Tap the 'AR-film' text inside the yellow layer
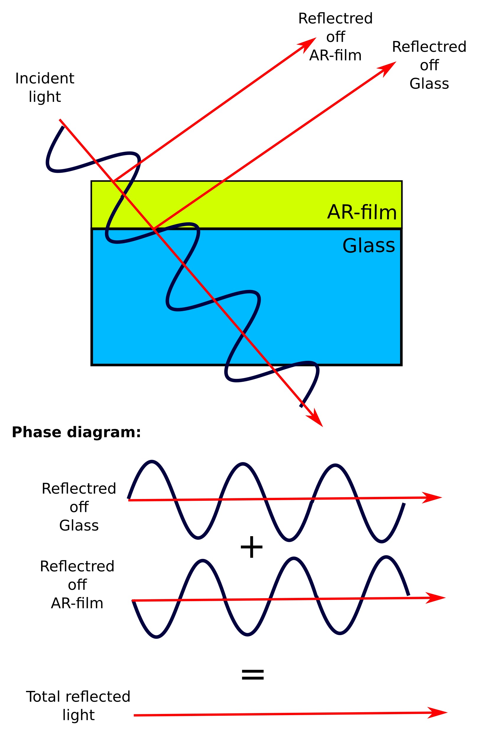pyautogui.click(x=362, y=212)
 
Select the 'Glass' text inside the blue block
pyautogui.click(x=368, y=245)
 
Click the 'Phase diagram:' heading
pyautogui.click(x=76, y=432)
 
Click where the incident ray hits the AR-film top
pyautogui.click(x=113, y=181)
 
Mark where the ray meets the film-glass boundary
pyautogui.click(x=154, y=229)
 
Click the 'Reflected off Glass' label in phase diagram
pyautogui.click(x=79, y=507)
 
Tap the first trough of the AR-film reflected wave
pyautogui.click(x=157, y=637)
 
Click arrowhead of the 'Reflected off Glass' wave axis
pyautogui.click(x=434, y=498)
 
